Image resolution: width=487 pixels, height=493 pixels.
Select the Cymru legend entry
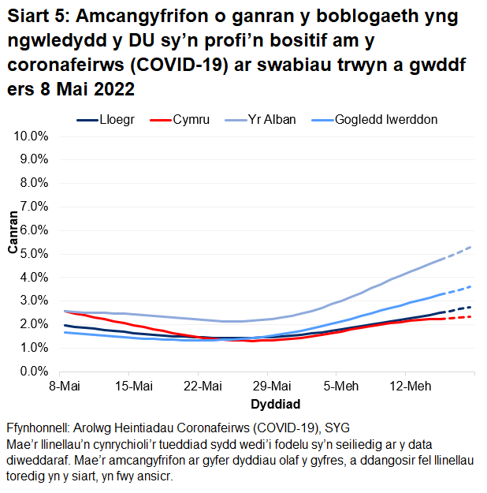point(191,120)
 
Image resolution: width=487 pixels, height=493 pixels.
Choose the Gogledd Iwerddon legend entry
point(386,120)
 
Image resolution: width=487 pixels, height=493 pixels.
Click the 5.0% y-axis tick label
point(34,254)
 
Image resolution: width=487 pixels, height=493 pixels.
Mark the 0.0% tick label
point(34,371)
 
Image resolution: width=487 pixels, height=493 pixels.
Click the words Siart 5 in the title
point(39,18)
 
